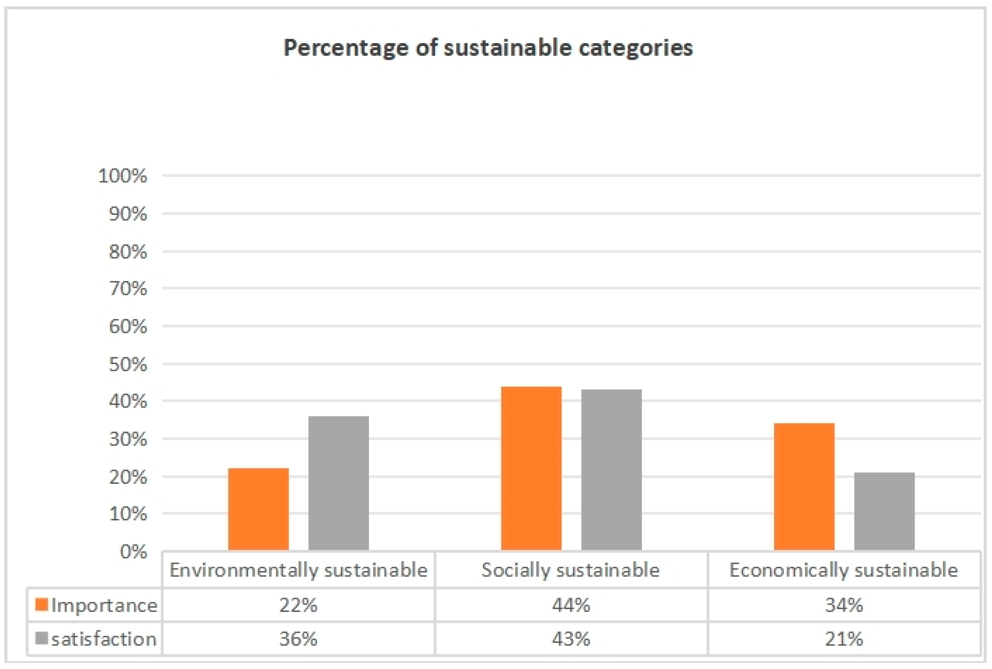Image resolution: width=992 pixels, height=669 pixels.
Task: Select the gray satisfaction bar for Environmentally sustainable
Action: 339,483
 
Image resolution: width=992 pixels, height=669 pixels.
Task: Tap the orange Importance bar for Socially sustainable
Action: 531,468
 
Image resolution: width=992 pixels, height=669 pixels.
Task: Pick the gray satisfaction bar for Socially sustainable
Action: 611,470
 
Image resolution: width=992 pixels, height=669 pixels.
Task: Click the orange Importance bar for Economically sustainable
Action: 804,486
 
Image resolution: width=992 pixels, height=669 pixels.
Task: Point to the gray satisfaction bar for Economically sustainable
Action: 884,511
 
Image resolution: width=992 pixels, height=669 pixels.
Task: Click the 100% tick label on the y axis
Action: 122,176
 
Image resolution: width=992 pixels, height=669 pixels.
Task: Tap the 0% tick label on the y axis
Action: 133,552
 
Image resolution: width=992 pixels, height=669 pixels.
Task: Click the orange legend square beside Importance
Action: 41,604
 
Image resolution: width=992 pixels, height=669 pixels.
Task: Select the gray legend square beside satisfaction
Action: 41,638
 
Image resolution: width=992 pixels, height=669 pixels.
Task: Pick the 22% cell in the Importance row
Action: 298,605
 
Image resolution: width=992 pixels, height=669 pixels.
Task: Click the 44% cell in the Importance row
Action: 571,605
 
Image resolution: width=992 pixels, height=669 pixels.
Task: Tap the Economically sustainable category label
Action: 843,570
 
